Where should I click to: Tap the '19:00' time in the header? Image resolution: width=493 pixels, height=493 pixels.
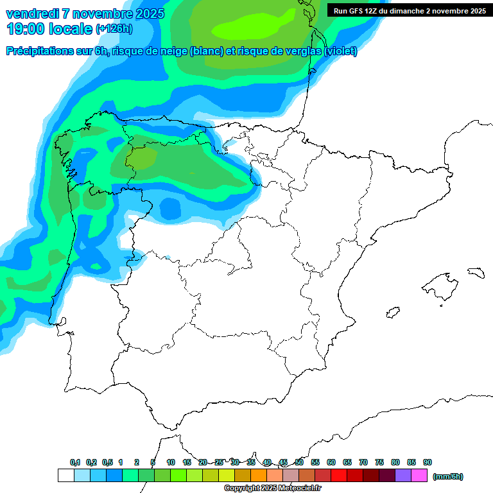point(26,28)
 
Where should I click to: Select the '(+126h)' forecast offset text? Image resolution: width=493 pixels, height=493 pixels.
point(114,28)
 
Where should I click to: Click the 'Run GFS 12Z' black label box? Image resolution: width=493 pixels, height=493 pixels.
point(409,10)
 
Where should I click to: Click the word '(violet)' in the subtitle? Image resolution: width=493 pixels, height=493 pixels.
point(341,51)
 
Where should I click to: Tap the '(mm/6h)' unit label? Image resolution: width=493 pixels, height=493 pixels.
point(447,476)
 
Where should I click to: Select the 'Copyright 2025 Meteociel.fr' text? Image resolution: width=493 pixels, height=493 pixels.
point(272,489)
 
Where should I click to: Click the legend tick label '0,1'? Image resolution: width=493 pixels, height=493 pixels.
point(75,463)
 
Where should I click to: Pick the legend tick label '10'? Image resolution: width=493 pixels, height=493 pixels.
point(171,463)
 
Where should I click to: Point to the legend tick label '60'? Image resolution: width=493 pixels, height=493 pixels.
point(331,463)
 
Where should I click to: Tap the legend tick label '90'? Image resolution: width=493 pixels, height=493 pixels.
point(428,463)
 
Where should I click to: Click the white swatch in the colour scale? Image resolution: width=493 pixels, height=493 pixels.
point(65,476)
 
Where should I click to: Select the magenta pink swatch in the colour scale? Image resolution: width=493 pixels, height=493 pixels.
point(419,476)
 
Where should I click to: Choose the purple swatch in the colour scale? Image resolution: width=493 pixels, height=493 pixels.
point(403,476)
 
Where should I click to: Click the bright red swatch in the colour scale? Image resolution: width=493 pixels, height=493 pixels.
point(339,476)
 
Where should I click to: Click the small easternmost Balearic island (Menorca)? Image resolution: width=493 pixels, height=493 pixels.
point(476,272)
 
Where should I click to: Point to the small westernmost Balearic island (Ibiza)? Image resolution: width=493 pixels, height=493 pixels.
point(392,313)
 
